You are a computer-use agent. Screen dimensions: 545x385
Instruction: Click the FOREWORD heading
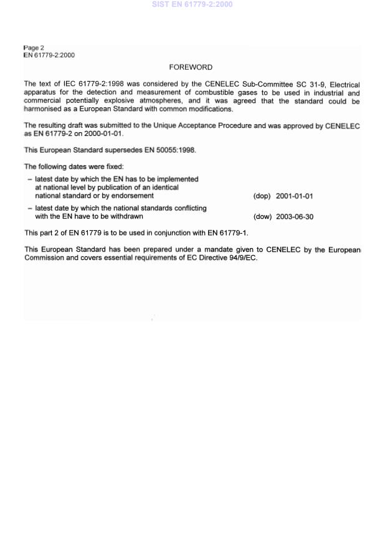coord(190,67)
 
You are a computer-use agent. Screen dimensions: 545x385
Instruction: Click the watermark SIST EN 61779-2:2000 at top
coord(192,4)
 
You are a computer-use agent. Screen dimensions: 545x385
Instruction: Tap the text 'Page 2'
coord(34,48)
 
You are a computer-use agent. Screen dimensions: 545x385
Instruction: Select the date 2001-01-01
coord(294,196)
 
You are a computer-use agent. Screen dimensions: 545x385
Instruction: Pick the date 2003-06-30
coord(294,217)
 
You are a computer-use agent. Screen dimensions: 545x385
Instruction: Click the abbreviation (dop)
coord(262,196)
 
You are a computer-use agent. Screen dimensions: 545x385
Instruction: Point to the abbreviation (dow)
coord(262,217)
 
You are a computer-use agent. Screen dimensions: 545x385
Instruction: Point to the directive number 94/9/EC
coord(242,258)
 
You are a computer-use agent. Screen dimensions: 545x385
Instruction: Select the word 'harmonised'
coord(42,109)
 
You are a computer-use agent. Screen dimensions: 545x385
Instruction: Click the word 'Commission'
coord(43,258)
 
